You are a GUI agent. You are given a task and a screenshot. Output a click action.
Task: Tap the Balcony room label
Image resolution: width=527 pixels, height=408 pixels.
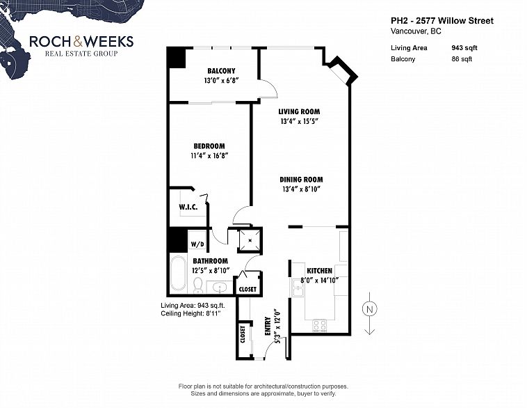pos(220,71)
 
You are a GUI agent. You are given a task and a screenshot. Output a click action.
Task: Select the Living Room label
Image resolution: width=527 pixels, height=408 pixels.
pos(299,111)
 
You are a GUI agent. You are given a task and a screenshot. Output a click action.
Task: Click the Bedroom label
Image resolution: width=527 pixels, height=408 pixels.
pos(209,146)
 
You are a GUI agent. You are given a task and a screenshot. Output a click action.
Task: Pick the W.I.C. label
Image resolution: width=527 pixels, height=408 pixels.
pos(188,207)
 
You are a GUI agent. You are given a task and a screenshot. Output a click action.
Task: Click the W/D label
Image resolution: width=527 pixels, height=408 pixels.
pos(197,244)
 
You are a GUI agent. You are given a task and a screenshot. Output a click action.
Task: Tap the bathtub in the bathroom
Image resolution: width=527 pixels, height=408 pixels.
pos(177,274)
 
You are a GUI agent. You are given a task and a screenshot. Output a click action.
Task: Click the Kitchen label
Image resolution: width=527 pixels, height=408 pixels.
pos(320,270)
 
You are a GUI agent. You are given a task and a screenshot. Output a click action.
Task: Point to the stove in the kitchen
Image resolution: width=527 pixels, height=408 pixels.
pos(320,323)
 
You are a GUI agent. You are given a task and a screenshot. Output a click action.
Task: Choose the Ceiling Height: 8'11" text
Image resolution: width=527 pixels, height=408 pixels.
pos(190,313)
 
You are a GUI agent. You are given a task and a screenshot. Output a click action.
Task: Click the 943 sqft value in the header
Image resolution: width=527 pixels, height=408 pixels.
pos(464,48)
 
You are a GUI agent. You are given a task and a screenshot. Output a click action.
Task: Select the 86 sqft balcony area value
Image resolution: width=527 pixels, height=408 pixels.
pos(462,59)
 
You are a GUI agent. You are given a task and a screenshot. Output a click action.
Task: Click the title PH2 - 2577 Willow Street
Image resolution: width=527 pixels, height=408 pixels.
pos(442,21)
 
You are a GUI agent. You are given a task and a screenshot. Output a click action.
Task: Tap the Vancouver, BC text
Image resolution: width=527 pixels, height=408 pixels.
pos(416,31)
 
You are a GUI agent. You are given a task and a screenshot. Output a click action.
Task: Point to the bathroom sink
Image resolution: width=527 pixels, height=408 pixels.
pos(220,286)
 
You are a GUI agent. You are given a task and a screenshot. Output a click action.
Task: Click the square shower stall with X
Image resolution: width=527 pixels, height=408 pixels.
pos(250,240)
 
